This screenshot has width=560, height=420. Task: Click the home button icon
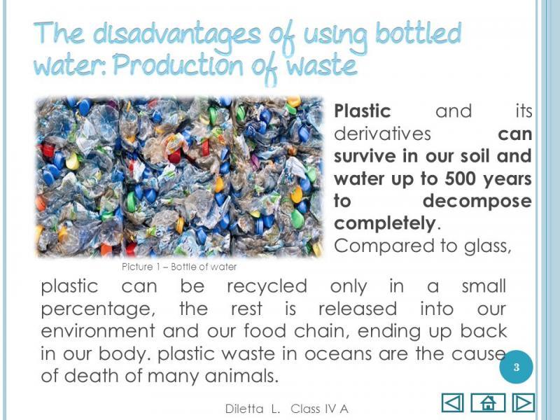pyautogui.click(x=488, y=402)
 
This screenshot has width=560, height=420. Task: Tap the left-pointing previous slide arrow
pyautogui.click(x=453, y=402)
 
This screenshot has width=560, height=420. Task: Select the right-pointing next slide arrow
pyautogui.click(x=523, y=402)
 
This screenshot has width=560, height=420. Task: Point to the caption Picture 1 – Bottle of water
pyautogui.click(x=179, y=267)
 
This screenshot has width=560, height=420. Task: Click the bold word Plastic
pyautogui.click(x=363, y=111)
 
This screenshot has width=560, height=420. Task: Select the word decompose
pyautogui.click(x=477, y=201)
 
